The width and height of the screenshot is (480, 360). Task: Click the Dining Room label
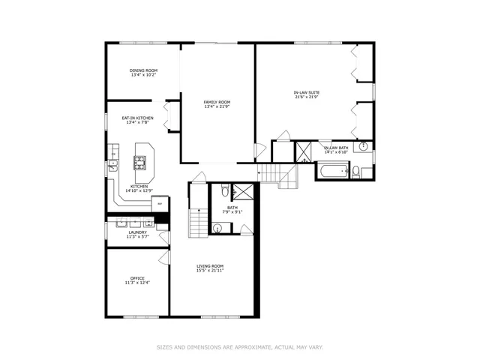tap(142, 71)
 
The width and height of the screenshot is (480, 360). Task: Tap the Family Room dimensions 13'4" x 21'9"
tap(217, 106)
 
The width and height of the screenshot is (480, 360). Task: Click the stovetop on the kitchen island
tap(139, 160)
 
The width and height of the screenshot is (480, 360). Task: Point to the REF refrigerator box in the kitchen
tap(158, 201)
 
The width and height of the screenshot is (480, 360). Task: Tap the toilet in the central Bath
tap(225, 193)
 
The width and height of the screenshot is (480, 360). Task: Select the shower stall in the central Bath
tap(241, 190)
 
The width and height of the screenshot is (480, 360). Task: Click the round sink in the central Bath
tap(218, 226)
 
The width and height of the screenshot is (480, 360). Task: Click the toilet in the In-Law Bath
tap(356, 171)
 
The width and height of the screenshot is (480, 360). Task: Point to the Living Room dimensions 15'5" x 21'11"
tap(211, 270)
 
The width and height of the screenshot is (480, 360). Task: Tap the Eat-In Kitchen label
tap(138, 118)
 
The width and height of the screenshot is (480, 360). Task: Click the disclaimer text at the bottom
tap(239, 347)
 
